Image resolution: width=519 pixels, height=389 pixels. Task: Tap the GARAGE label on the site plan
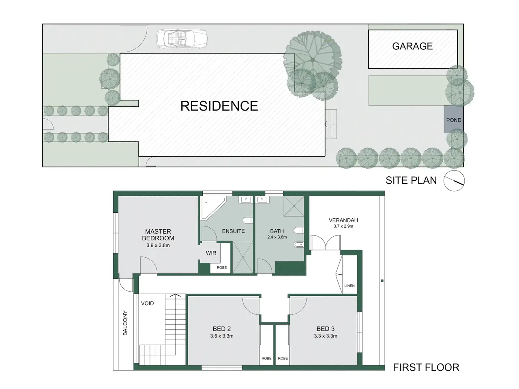coord(412,46)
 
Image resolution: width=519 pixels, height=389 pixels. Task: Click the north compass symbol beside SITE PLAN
coord(454,181)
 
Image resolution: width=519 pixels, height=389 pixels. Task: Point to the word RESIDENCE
coord(219,106)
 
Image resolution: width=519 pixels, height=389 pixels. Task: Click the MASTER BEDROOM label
coord(158,235)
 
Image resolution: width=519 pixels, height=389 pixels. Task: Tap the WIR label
coord(211,253)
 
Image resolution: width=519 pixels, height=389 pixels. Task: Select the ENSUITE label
coord(234,231)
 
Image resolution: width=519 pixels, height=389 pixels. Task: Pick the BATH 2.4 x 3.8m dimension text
coord(277,237)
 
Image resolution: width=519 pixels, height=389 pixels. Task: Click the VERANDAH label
coord(343,220)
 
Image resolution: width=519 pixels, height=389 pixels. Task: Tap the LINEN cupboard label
coord(349,286)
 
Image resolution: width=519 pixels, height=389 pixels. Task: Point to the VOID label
coord(147,303)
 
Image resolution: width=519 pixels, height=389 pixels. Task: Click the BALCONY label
coord(125,323)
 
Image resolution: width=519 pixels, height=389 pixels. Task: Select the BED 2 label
coord(221,329)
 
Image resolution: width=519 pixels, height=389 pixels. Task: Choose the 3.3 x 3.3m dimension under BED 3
coord(325,336)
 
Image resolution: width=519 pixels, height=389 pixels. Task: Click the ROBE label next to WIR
coord(221,267)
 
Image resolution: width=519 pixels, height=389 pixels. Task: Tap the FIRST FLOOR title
coord(426,368)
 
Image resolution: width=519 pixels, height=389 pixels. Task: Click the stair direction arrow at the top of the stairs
coord(175,295)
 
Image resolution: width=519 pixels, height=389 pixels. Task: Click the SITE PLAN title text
coord(411,180)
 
